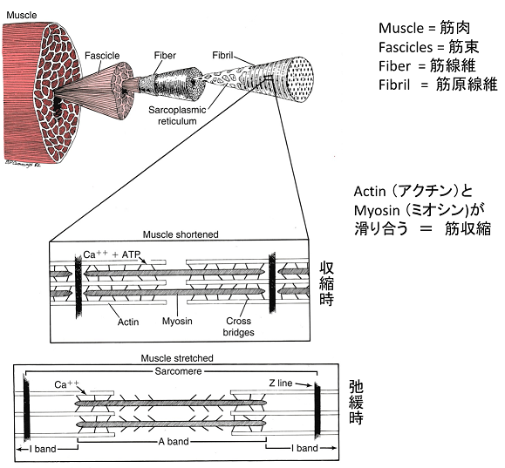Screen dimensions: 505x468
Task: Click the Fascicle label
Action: click(102, 56)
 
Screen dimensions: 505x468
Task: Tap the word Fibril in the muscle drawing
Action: click(222, 56)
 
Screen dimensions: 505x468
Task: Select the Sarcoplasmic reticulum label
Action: click(177, 116)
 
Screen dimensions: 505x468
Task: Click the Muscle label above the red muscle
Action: click(22, 15)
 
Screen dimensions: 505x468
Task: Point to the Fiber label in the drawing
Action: click(165, 56)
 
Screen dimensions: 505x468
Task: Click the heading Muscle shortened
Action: click(181, 234)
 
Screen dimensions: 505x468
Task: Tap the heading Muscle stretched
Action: click(177, 358)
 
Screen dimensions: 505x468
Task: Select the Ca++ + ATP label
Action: click(113, 254)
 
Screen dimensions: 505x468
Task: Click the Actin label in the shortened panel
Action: click(128, 322)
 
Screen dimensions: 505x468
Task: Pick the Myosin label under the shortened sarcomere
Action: click(177, 321)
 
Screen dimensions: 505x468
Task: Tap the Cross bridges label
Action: click(238, 326)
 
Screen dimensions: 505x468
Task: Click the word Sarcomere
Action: click(178, 371)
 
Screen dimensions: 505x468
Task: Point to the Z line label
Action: click(281, 383)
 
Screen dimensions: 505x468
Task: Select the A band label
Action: click(174, 441)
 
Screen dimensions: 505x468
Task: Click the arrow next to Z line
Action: click(304, 384)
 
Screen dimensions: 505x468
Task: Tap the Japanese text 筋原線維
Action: click(467, 85)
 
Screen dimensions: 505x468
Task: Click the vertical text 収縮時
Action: click(326, 283)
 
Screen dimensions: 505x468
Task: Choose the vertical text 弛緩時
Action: click(356, 403)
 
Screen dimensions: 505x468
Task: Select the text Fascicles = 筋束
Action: click(428, 47)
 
